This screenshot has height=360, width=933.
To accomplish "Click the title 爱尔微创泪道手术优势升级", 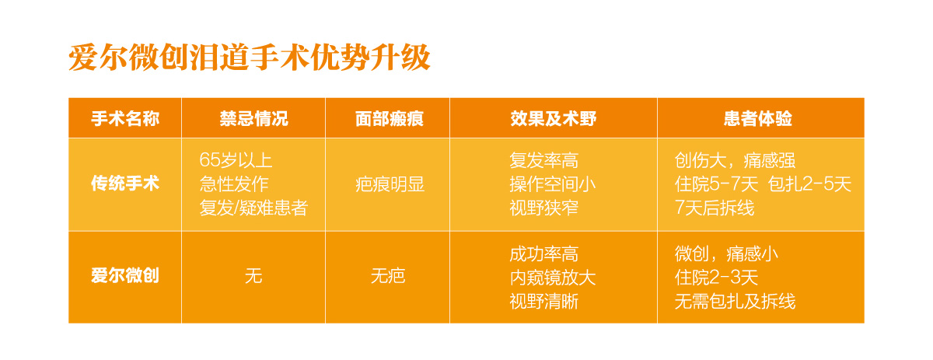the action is [x=249, y=58].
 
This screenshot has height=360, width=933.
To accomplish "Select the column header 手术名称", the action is [x=125, y=119].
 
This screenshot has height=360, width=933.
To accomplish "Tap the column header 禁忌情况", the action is [x=253, y=119].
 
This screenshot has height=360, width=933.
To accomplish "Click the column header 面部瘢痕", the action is [x=389, y=119].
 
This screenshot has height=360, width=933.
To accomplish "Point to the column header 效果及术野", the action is [x=554, y=119].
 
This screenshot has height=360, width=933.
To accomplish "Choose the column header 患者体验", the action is [x=757, y=119].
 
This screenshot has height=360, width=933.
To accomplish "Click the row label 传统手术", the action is [x=125, y=183].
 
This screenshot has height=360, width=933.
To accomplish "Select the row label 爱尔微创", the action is [x=125, y=275].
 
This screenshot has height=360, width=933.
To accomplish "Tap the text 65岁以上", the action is [x=236, y=160].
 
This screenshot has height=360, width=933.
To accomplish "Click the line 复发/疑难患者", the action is [x=253, y=208].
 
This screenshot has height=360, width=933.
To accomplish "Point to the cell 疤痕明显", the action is [x=390, y=184].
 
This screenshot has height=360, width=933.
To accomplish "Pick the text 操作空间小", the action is [x=553, y=184].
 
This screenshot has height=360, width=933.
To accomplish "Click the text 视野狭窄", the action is [x=544, y=208].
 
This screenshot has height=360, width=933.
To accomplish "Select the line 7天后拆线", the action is [x=715, y=208].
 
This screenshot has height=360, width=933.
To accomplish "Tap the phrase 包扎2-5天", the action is [x=809, y=184].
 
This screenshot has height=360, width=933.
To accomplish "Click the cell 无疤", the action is [x=388, y=276].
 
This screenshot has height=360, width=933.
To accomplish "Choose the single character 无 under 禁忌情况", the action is [x=253, y=276].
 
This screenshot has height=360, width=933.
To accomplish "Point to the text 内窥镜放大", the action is [x=553, y=278].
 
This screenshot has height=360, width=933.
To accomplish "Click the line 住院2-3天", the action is [x=716, y=278].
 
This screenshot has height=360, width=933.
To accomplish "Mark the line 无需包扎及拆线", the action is [x=736, y=301].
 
